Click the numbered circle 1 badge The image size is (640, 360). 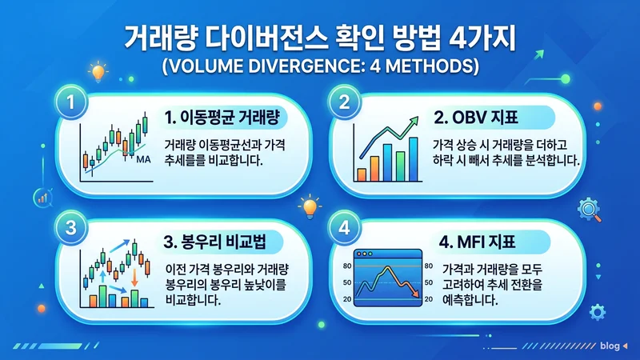point(73,102)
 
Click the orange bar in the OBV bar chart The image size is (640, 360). point(362,173)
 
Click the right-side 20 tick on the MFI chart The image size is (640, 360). point(429,298)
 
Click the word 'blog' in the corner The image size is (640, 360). point(609,346)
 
